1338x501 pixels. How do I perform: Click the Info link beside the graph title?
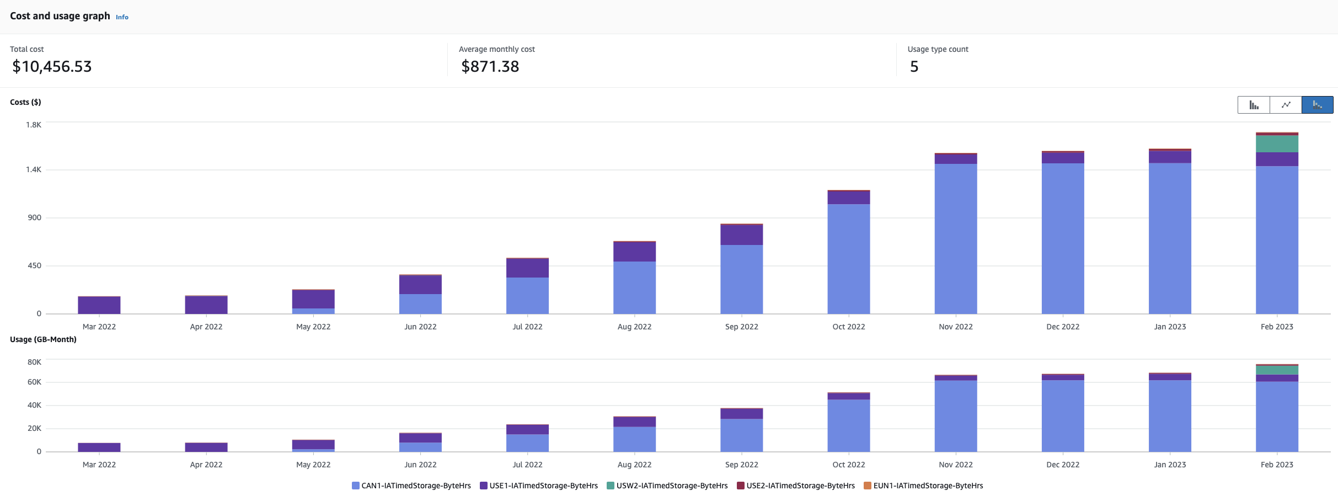click(x=122, y=17)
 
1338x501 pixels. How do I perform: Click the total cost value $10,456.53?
click(x=52, y=67)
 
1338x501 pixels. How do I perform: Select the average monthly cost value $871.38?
click(x=490, y=67)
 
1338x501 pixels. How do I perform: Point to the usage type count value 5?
click(x=914, y=67)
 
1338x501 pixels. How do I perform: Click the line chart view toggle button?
click(x=1286, y=105)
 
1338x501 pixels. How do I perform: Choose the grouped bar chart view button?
click(x=1254, y=105)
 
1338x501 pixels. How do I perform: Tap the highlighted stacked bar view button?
click(x=1317, y=105)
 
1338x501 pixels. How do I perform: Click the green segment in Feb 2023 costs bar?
click(x=1277, y=143)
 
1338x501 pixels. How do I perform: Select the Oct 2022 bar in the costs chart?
click(x=848, y=254)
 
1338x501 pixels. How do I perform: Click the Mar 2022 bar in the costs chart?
click(x=99, y=305)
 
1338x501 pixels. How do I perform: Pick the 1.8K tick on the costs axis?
click(x=34, y=125)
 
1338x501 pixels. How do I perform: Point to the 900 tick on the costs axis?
click(x=35, y=217)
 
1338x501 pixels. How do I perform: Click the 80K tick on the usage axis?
click(x=34, y=362)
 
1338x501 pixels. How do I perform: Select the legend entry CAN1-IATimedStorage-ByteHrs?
click(x=411, y=486)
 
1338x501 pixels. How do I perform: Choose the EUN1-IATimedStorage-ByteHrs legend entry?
click(x=923, y=486)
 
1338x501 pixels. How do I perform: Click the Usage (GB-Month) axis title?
click(x=43, y=339)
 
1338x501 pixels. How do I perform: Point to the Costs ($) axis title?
click(x=25, y=102)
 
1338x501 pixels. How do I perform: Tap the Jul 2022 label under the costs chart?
click(x=527, y=327)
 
